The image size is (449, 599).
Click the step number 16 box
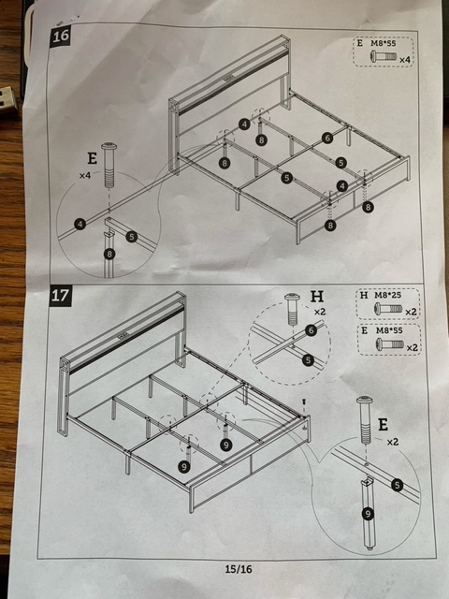[60, 37]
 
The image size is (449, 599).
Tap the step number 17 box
[60, 296]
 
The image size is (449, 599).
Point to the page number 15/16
[239, 569]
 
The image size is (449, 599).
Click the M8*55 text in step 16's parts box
[384, 44]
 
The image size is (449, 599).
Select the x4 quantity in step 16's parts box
[405, 60]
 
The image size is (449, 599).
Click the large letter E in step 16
[92, 158]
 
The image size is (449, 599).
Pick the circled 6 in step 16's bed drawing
[327, 138]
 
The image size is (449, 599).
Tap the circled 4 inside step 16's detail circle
[80, 224]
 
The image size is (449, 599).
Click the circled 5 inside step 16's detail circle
[131, 237]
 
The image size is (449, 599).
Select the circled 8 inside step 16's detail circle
[109, 254]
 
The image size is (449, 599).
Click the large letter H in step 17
[317, 296]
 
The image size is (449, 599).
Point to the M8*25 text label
[386, 296]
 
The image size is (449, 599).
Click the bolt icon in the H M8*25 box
[388, 308]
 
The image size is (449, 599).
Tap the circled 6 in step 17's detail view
[311, 330]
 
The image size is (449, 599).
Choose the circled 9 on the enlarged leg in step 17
[368, 514]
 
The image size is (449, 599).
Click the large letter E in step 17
[383, 424]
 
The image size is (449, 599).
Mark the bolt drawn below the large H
[292, 310]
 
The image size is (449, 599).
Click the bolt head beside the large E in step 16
[109, 147]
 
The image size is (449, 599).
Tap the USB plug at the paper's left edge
[8, 100]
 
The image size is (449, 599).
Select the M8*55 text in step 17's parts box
[389, 330]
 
